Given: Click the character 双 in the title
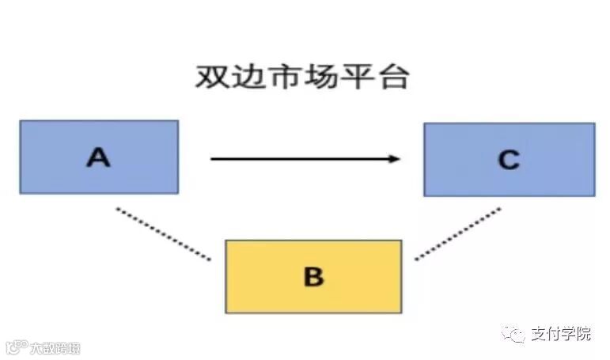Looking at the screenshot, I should point(211,78).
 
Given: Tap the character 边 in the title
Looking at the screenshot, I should point(251,78).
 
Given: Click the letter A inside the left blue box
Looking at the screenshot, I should point(98,157).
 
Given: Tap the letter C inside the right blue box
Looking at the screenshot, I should point(509,161).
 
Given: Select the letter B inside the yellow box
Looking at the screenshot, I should point(313,277).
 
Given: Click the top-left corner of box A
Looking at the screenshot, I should point(21,121).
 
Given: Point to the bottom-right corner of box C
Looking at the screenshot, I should point(594,195).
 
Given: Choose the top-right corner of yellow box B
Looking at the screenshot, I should point(401,241).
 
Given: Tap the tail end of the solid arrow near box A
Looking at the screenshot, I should point(212,159).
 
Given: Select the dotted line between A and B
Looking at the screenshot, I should point(164,233).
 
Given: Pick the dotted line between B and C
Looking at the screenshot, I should point(457,233).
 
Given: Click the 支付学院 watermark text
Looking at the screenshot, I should point(562,334).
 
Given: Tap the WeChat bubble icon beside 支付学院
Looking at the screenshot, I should point(516,334).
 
